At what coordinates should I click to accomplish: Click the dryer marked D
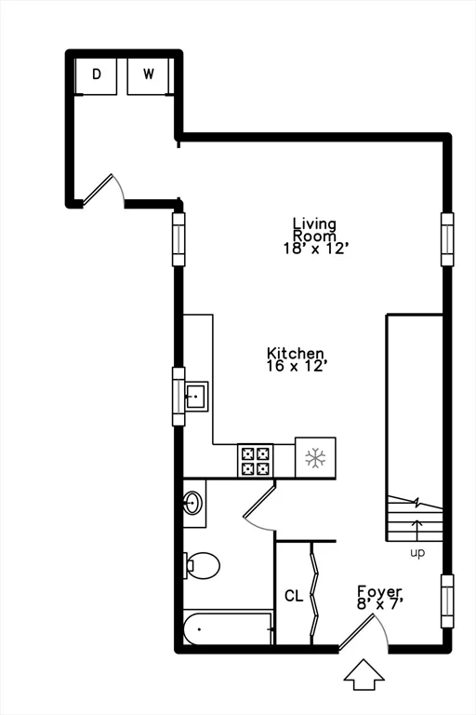(x=96, y=76)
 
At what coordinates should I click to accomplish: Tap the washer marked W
(x=149, y=76)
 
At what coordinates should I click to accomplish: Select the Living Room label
(x=315, y=236)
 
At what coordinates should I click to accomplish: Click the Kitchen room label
(x=296, y=359)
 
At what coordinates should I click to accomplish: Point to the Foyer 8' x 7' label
(x=379, y=598)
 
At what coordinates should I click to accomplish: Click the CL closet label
(x=294, y=596)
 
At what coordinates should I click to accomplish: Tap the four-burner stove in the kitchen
(x=255, y=461)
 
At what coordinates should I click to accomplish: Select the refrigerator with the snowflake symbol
(x=315, y=458)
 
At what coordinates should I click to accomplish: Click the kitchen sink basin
(x=196, y=397)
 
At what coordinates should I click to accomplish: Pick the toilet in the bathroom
(x=202, y=565)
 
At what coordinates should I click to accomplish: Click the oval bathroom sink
(x=192, y=503)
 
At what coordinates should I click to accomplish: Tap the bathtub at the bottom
(x=228, y=628)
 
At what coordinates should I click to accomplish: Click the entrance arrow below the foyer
(x=364, y=675)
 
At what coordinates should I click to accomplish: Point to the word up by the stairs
(x=417, y=553)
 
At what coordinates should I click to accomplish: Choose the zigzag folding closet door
(x=314, y=593)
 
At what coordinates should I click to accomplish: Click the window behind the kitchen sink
(x=178, y=397)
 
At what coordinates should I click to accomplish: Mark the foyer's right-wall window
(x=447, y=601)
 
